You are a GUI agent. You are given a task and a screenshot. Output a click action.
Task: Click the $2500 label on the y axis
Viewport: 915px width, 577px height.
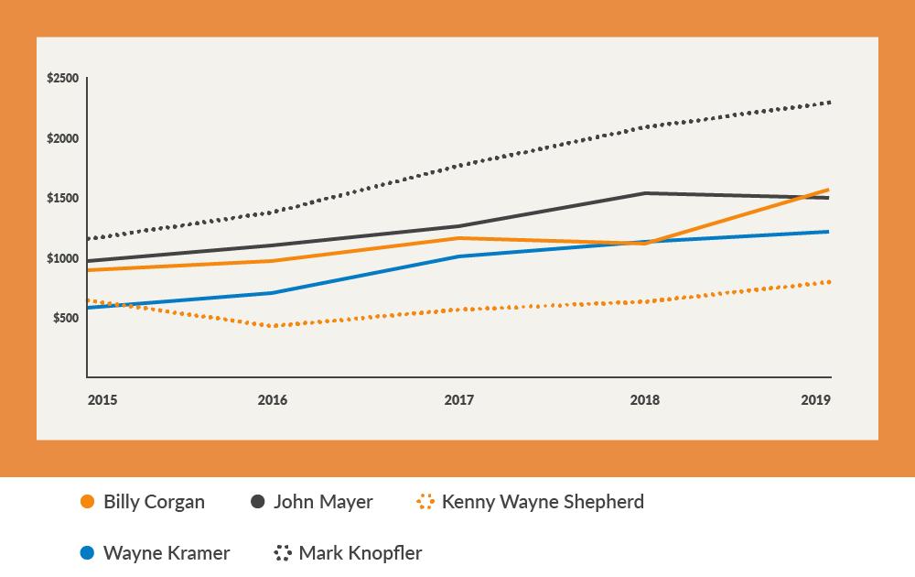[x=62, y=79]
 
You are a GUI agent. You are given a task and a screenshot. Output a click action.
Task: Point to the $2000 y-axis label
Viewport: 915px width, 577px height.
[x=62, y=138]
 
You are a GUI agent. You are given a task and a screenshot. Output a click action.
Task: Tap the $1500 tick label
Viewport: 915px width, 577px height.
[x=62, y=199]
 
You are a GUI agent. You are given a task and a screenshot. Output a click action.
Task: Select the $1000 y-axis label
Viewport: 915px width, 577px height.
[x=62, y=258]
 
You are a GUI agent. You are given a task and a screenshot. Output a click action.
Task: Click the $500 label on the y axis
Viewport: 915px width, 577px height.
[x=65, y=318]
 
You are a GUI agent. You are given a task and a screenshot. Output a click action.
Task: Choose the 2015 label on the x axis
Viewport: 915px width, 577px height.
[x=102, y=400]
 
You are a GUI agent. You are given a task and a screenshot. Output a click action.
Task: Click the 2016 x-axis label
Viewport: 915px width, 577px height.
[x=273, y=400]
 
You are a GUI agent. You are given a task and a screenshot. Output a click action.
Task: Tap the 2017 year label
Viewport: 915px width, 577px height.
[x=458, y=400]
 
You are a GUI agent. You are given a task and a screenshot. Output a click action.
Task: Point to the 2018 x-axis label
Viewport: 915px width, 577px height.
[x=644, y=400]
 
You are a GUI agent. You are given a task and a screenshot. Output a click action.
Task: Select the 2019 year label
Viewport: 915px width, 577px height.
[x=816, y=400]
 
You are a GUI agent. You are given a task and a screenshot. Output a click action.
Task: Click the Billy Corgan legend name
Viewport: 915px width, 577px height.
[x=154, y=502]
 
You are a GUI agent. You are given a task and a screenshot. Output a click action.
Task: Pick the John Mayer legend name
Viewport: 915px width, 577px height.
[x=323, y=502]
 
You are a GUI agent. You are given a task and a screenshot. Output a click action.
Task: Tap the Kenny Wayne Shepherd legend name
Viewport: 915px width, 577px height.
[x=543, y=502]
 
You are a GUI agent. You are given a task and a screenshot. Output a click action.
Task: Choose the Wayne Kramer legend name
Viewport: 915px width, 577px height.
[x=167, y=553]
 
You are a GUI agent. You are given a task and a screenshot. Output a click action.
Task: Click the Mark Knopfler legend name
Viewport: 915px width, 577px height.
[x=361, y=553]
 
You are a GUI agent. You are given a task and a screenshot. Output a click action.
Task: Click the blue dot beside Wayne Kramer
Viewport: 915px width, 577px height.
[x=88, y=553]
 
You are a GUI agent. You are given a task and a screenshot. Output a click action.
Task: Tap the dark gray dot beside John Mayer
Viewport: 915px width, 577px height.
[x=258, y=502]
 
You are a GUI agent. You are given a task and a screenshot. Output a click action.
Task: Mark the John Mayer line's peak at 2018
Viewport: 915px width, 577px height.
[x=644, y=193]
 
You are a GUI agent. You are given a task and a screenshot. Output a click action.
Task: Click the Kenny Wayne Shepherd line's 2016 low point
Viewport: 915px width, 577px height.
[x=273, y=326]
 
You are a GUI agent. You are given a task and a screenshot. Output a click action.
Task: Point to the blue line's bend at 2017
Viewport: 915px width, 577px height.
[x=458, y=256]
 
